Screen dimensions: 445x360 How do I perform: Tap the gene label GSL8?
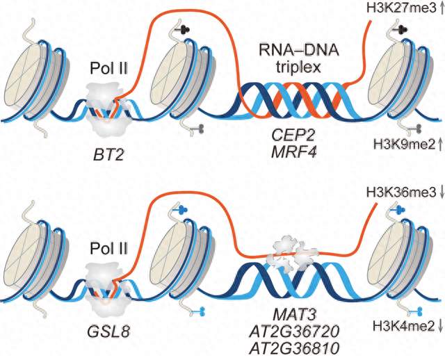(x=109, y=331)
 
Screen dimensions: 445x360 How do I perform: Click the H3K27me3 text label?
(x=401, y=8)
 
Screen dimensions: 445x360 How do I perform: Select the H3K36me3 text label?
(x=401, y=193)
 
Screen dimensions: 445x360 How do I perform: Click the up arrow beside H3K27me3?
(x=442, y=8)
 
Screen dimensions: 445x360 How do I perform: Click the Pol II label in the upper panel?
(x=109, y=68)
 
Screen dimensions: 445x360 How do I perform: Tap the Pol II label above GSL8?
(x=109, y=249)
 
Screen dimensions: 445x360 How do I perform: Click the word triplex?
(x=299, y=67)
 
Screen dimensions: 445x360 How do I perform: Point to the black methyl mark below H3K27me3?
(x=403, y=28)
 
